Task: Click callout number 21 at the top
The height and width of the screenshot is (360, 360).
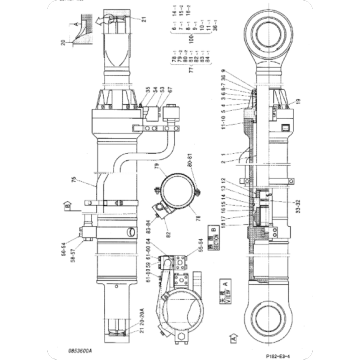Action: (x=144, y=18)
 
